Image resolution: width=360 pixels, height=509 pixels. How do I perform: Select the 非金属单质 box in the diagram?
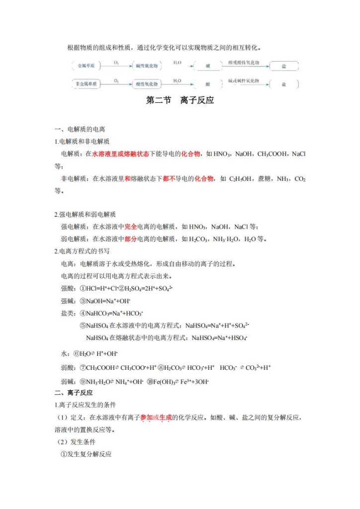tap(84, 84)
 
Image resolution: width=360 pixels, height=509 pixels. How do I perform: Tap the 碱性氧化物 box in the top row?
tap(147, 66)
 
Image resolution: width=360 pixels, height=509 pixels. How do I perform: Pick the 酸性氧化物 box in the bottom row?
tap(147, 84)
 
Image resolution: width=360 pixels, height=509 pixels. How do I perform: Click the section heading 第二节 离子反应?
tap(180, 100)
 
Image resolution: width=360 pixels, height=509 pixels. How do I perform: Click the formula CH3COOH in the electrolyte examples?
tap(272, 154)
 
